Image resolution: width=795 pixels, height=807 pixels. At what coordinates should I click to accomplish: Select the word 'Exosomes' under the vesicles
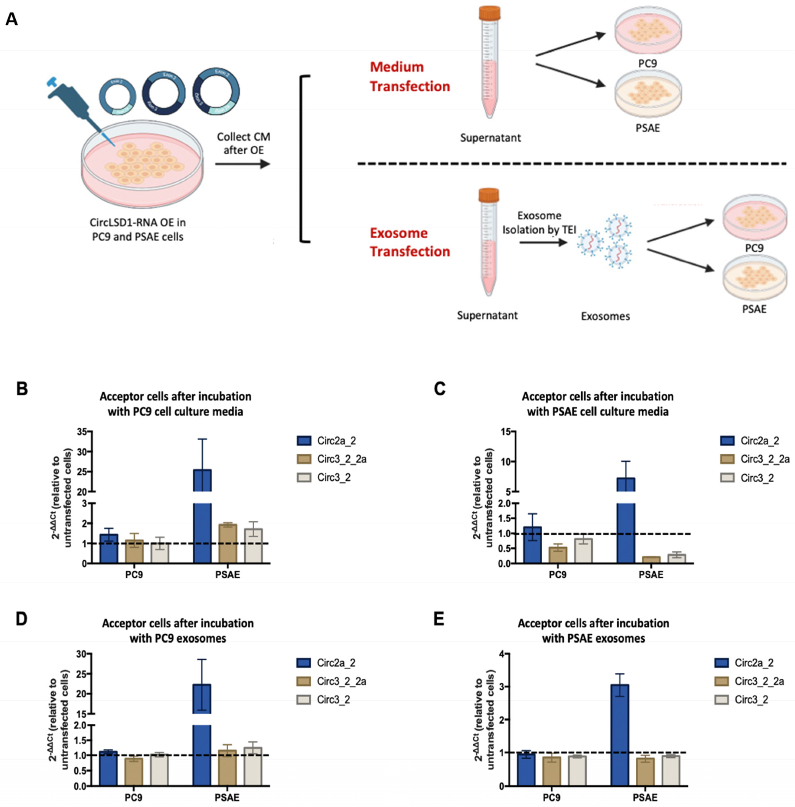(605, 316)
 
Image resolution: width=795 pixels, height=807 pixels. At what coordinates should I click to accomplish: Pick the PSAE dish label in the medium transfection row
(648, 128)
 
